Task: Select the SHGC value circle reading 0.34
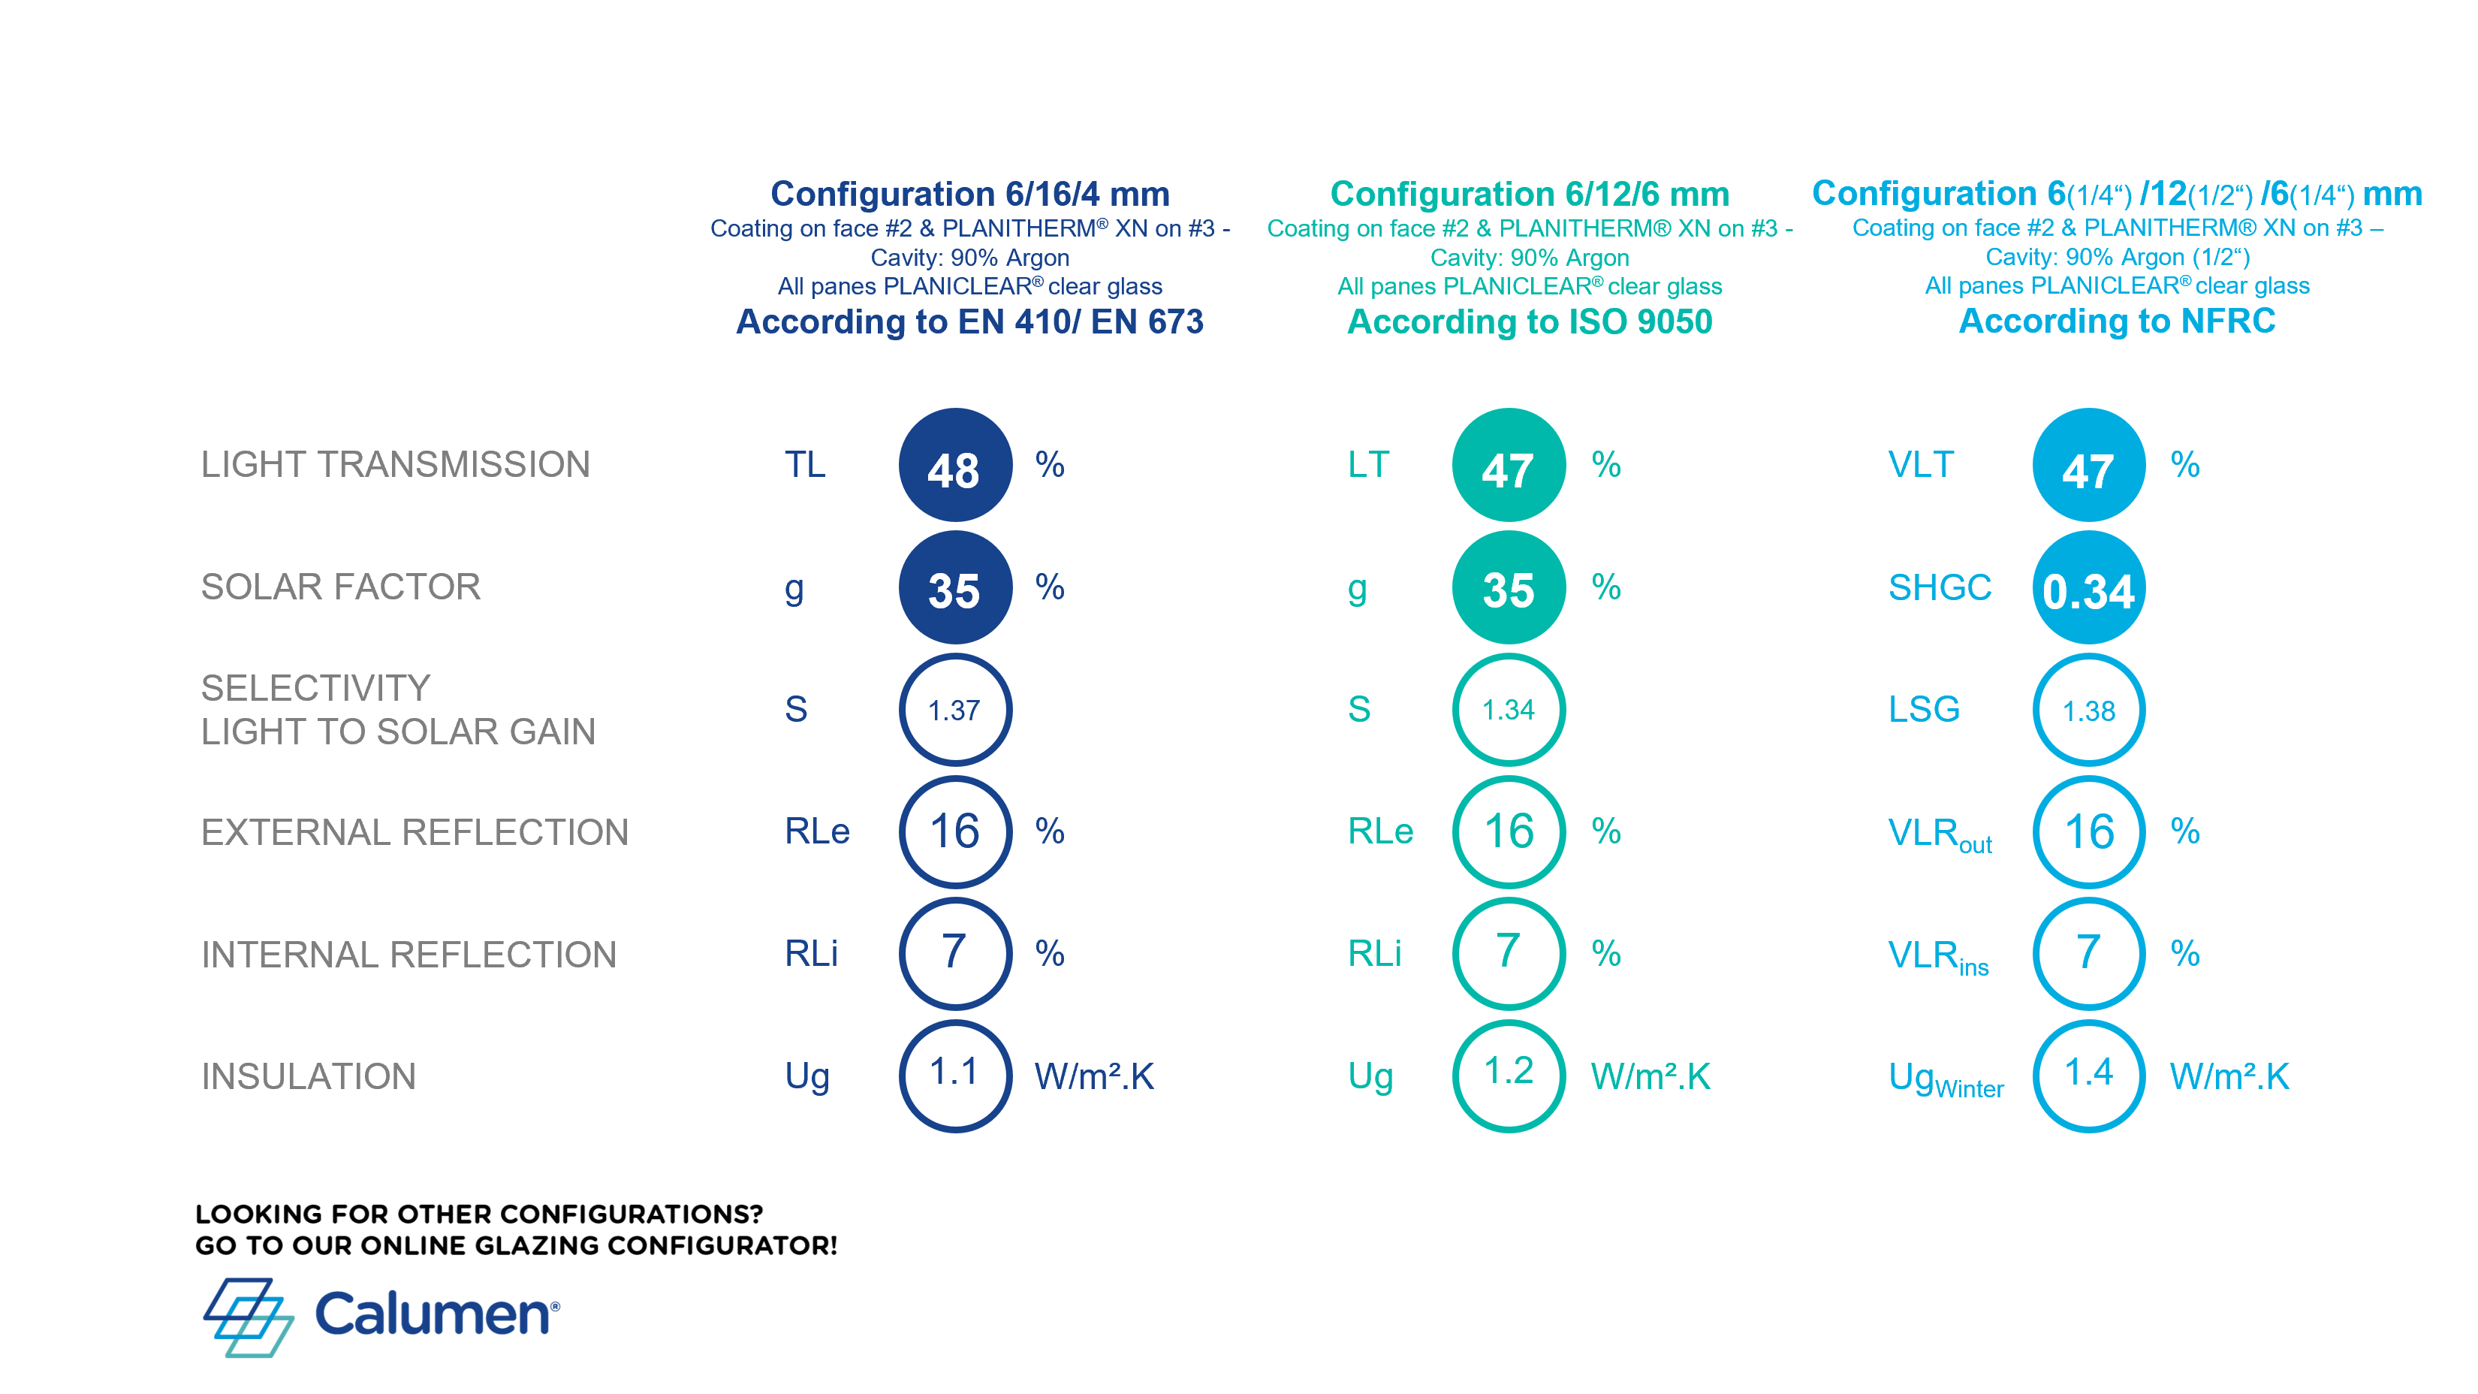2088,588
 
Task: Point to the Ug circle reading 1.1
954,1076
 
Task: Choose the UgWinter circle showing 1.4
2088,1076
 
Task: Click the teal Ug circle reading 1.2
1509,1076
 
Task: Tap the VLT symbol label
1920,465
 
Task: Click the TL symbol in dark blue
804,465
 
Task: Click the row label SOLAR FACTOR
340,587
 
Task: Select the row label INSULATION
308,1076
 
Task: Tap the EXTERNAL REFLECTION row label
415,832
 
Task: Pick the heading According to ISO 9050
1530,321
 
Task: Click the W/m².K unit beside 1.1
1094,1076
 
